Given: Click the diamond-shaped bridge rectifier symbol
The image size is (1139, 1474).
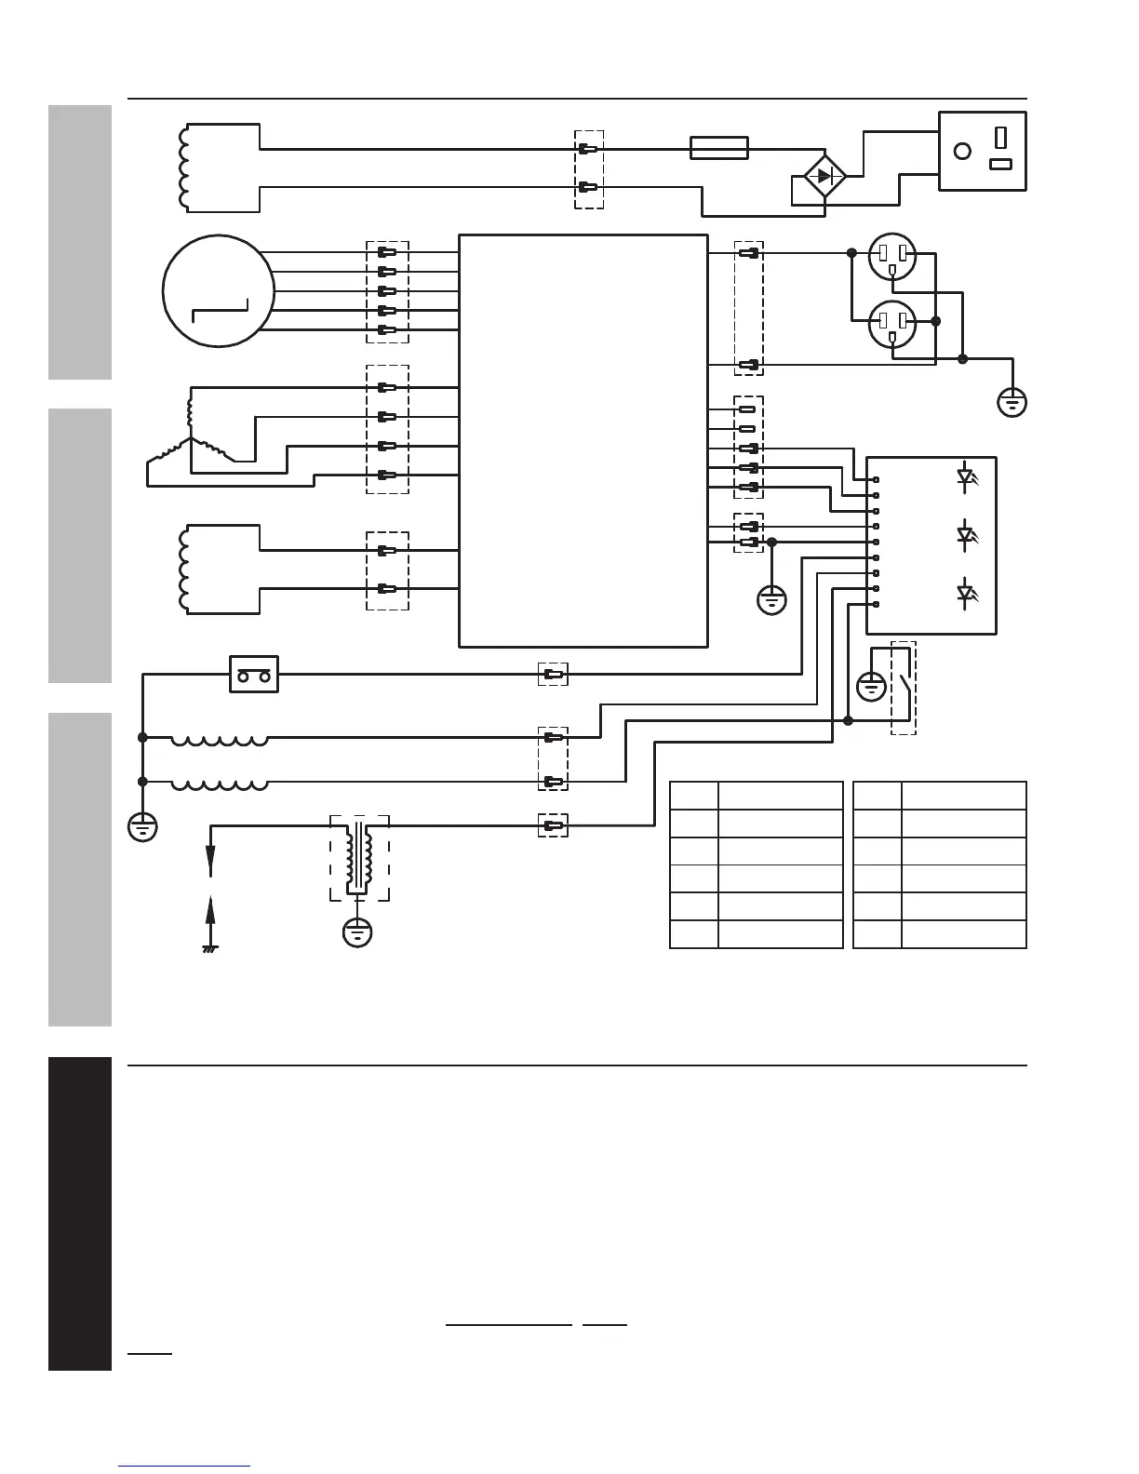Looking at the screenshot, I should pos(824,176).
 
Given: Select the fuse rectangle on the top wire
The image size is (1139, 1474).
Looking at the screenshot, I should pos(718,148).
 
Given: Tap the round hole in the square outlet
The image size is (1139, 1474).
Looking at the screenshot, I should pos(963,151).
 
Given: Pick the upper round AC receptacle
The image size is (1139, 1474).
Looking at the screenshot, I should pos(892,257).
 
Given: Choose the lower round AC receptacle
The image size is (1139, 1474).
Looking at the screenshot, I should pos(892,325).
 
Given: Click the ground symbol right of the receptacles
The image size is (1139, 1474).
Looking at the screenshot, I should pos(1012,403).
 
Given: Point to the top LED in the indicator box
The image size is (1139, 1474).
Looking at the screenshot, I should pos(965,478).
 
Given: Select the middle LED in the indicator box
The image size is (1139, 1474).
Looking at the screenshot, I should pos(965,535).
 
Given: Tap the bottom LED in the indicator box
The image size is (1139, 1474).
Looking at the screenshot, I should pos(965,592).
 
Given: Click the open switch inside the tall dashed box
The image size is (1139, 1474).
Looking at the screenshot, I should pos(904,689).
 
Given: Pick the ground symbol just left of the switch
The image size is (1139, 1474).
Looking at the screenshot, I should pos(871,688).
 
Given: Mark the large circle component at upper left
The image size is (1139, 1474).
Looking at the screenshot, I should pos(218,290).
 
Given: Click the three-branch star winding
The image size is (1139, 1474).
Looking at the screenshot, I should pos(191,437).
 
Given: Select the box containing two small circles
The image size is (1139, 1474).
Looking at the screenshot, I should pos(254,675).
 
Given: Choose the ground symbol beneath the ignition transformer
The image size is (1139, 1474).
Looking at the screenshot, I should pos(357,932).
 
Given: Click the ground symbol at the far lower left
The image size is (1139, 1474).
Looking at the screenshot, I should pos(142,826).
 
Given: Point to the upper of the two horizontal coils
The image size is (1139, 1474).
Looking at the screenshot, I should pos(220,741).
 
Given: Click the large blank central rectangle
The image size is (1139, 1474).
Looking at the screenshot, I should pos(583,440).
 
